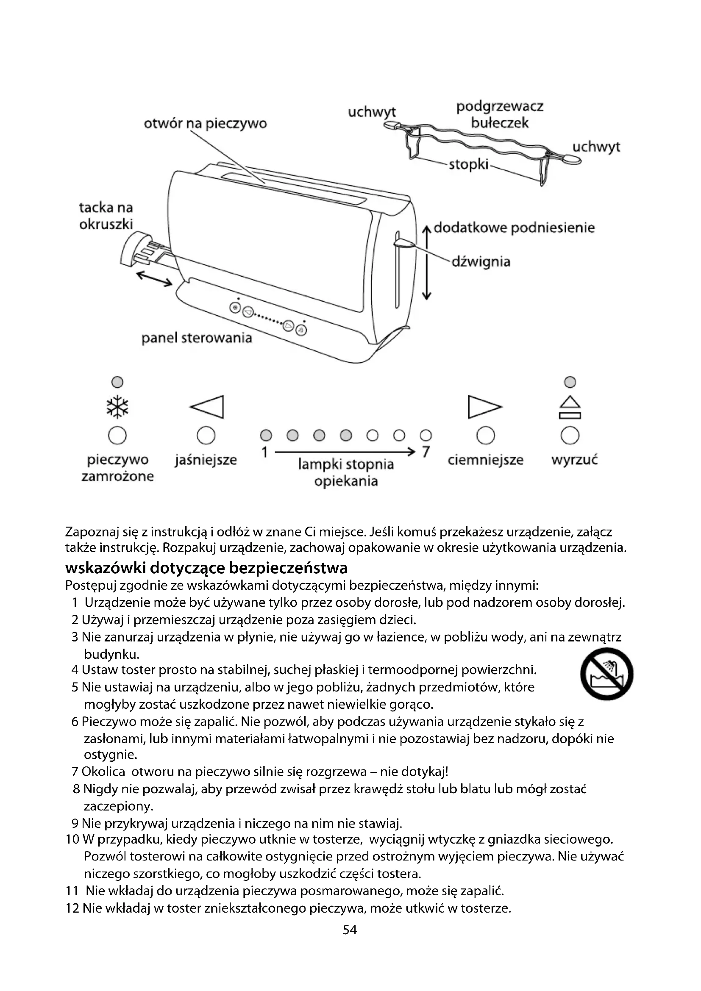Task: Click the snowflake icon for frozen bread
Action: click(117, 408)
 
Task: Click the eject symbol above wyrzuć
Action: click(570, 408)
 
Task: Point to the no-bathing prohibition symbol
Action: click(606, 674)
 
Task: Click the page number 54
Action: click(350, 930)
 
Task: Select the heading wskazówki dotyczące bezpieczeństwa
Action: click(206, 568)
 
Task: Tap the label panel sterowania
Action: click(196, 338)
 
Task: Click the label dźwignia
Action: click(481, 261)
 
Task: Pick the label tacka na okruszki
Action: click(106, 216)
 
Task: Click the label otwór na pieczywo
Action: click(206, 124)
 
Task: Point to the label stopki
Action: click(468, 164)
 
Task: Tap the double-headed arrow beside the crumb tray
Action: click(154, 278)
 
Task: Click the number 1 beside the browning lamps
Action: click(264, 452)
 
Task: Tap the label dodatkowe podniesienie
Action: click(514, 228)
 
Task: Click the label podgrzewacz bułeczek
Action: click(500, 114)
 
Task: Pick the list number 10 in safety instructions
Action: click(72, 839)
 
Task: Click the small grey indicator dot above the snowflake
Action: click(117, 382)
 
